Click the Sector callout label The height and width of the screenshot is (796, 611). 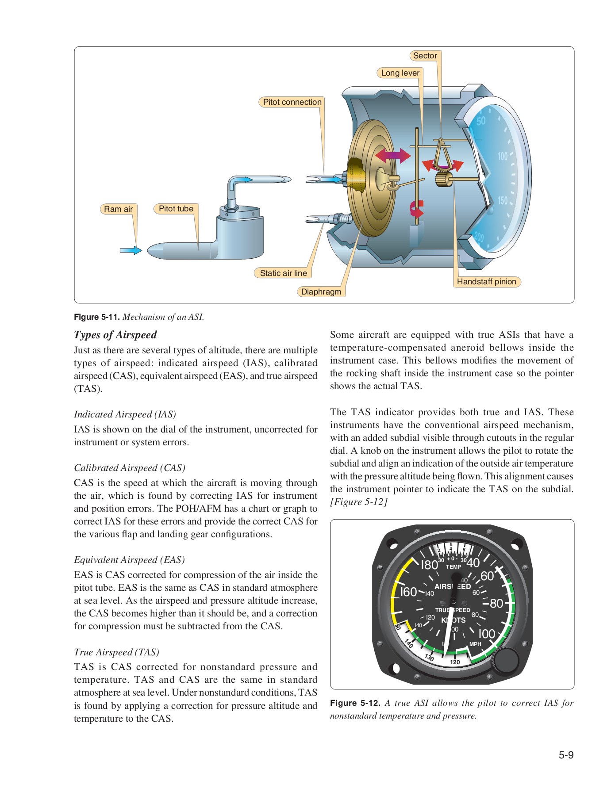click(x=425, y=56)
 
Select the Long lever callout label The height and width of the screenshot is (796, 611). click(x=400, y=73)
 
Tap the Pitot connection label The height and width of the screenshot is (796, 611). click(x=292, y=102)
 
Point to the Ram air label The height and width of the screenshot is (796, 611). click(x=118, y=209)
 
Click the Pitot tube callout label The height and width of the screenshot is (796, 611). click(x=176, y=209)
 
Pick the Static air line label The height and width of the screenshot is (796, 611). click(x=283, y=273)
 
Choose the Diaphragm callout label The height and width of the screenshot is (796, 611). click(x=321, y=292)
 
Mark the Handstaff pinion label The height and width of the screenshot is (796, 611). click(x=486, y=282)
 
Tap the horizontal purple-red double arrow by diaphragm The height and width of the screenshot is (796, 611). click(x=393, y=156)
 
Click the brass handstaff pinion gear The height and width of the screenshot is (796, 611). click(x=443, y=180)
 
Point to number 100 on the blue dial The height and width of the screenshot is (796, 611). click(x=503, y=156)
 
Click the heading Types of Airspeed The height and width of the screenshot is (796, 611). click(x=115, y=335)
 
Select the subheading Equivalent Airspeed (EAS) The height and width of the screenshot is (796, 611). click(x=129, y=560)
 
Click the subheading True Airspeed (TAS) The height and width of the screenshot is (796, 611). click(x=116, y=652)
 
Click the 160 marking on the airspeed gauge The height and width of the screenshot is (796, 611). click(x=408, y=592)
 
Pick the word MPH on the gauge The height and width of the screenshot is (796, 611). click(x=475, y=644)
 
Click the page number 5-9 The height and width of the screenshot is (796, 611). click(x=565, y=755)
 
